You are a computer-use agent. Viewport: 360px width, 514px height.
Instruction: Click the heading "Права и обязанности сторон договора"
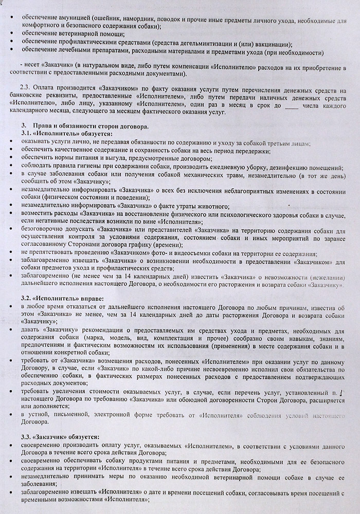coord(91,126)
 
